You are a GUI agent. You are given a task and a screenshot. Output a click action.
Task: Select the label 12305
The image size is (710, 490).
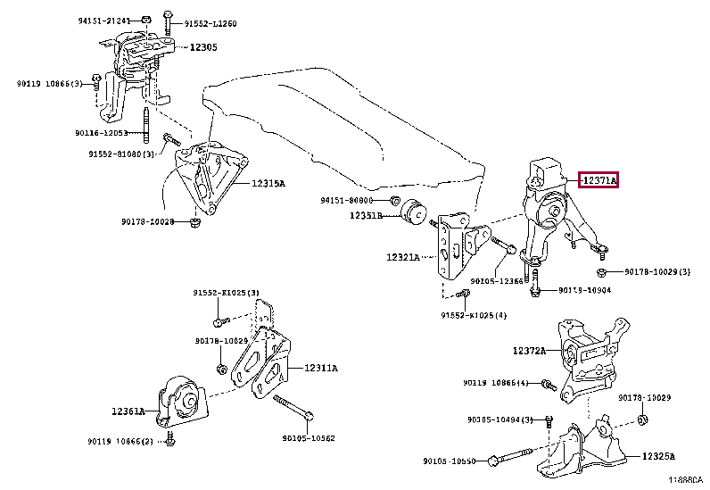tap(202, 46)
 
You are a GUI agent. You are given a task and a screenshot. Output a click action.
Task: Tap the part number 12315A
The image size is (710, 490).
tap(268, 183)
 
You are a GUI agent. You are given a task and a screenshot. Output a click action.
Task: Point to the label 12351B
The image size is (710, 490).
tap(366, 216)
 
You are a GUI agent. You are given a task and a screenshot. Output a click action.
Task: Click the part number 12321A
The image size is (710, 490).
tap(404, 257)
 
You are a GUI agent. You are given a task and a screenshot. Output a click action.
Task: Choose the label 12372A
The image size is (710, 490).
tap(529, 352)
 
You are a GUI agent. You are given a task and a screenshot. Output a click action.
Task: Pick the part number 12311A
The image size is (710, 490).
tap(321, 367)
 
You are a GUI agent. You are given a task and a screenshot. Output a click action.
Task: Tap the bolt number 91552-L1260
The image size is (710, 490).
tap(211, 23)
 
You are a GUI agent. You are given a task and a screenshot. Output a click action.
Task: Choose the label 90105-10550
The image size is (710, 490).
tap(450, 461)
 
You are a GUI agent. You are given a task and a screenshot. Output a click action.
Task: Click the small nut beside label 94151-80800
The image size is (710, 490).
tap(396, 201)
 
